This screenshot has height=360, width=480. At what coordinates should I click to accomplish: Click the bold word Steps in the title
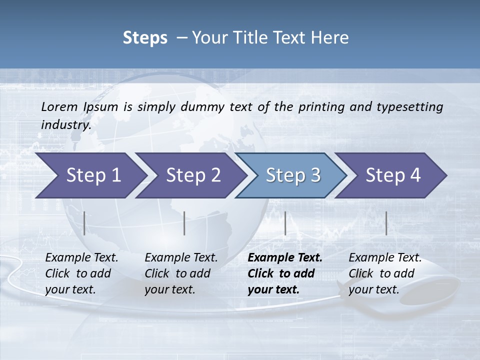point(145,38)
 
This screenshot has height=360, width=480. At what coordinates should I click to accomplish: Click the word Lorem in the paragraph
point(59,107)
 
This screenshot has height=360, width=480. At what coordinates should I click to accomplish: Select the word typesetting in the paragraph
point(412,107)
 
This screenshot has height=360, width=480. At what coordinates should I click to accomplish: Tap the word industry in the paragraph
point(65,125)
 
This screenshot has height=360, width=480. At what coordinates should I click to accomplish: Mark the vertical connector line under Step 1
point(84,223)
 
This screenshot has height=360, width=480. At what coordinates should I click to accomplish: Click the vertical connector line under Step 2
point(184,223)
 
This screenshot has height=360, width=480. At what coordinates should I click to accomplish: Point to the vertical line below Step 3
point(285,223)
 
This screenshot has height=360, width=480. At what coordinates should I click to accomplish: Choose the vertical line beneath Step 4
point(386,223)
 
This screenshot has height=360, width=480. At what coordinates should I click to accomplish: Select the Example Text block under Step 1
point(81,273)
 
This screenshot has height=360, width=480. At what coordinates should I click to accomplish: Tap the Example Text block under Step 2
point(181,273)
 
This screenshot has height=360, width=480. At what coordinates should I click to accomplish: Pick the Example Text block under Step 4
point(385,273)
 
